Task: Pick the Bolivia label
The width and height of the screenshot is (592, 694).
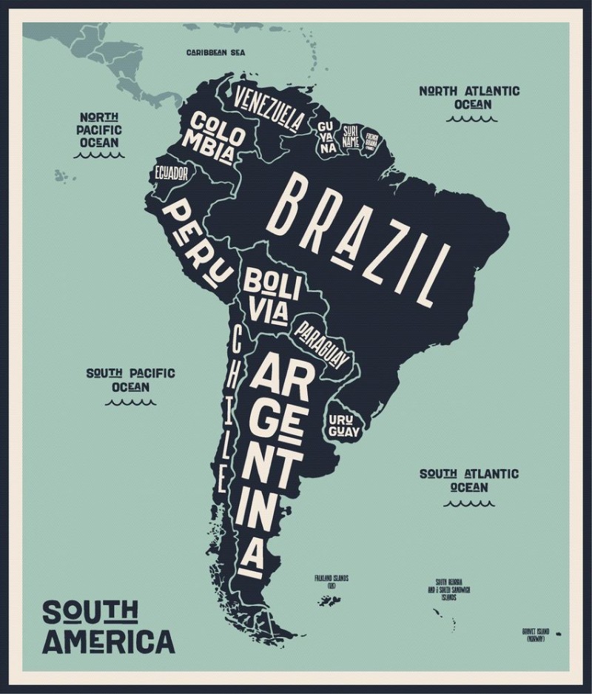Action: tap(272, 295)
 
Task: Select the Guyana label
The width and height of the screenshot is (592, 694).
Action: tap(326, 137)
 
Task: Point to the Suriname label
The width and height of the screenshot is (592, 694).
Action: tap(351, 136)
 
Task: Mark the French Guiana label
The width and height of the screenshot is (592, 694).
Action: tap(371, 140)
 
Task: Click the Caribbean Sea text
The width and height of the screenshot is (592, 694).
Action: tap(215, 53)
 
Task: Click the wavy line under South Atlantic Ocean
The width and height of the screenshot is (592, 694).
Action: tap(469, 504)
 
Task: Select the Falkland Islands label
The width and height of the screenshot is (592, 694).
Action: tap(331, 581)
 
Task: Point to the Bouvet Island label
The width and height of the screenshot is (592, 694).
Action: tap(538, 634)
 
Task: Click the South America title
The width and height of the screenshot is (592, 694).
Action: tap(108, 627)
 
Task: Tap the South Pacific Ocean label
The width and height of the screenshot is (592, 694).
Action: tap(131, 380)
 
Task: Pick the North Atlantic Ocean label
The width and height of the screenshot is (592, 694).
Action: tap(470, 98)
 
